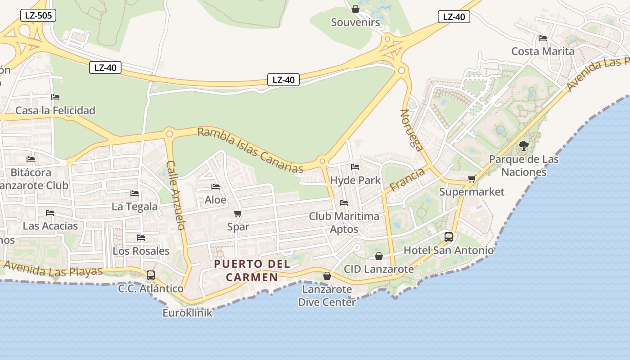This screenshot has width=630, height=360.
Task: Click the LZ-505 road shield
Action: point(38,16)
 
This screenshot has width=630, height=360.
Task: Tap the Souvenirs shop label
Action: point(355,22)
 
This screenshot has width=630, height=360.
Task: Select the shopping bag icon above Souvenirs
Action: point(355,9)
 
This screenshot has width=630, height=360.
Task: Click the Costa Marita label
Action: point(543,51)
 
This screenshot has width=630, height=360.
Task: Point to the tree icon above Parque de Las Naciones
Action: point(523,146)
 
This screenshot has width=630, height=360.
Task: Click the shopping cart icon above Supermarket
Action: point(472,179)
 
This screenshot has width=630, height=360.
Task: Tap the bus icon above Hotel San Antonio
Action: point(449,237)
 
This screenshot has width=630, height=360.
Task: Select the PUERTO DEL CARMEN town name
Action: point(252,270)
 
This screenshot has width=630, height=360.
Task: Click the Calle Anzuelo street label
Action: point(175,195)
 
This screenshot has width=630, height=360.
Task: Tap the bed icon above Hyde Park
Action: point(355,167)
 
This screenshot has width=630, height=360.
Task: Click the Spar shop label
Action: point(238,227)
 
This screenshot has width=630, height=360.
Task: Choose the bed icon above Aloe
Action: point(216,187)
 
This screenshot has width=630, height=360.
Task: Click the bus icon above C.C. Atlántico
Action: point(151,275)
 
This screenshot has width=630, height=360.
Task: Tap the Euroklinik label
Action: point(187,313)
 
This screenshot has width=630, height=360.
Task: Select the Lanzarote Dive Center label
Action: point(327,296)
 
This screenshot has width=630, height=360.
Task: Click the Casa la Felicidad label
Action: point(55,110)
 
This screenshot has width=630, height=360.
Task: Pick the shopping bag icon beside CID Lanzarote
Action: point(379,256)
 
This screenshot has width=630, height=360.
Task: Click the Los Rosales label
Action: point(141,251)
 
